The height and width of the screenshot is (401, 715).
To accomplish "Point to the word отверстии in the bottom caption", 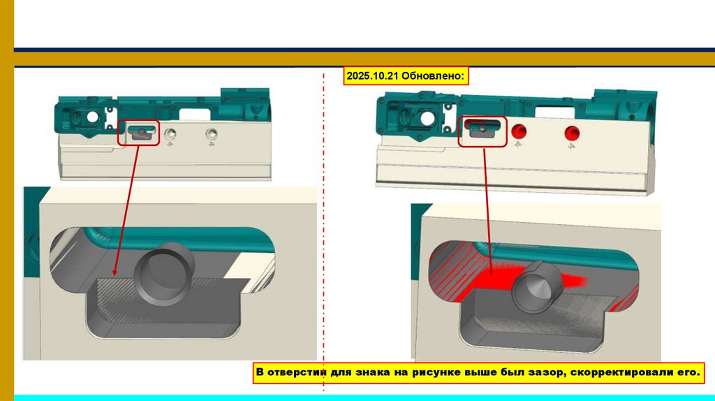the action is click(x=297, y=373).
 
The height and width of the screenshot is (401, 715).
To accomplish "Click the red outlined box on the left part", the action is click(x=139, y=132).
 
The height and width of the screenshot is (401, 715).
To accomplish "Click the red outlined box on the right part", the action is click(x=482, y=131).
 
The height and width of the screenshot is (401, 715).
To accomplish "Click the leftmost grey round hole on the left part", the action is click(x=170, y=133).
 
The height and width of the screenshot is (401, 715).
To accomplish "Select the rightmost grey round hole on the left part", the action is click(x=209, y=133).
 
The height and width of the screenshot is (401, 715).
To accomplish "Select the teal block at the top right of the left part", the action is click(x=245, y=102).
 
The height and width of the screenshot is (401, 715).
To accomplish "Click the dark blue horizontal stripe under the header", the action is click(x=363, y=50).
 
